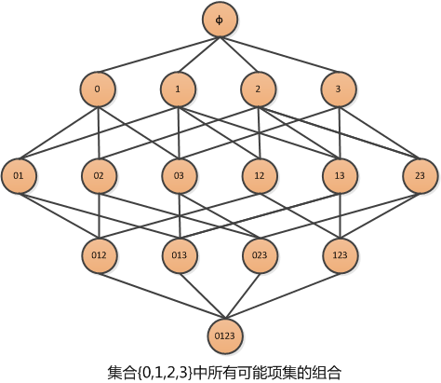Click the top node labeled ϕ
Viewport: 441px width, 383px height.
click(x=220, y=20)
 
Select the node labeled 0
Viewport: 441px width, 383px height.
click(x=98, y=89)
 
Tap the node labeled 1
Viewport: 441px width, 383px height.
click(x=178, y=89)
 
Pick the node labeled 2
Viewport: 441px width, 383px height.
click(x=258, y=89)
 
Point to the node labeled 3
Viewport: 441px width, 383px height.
click(x=339, y=89)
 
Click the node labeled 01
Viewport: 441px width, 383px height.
click(x=19, y=176)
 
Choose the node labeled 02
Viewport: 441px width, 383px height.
click(x=99, y=176)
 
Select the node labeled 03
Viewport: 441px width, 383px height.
click(x=179, y=176)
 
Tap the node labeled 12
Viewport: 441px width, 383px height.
click(x=260, y=176)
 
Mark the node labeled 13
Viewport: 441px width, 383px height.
click(x=340, y=176)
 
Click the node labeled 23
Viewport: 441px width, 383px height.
click(x=420, y=176)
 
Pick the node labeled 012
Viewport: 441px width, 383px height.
click(x=100, y=255)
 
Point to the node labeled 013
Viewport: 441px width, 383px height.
click(x=180, y=255)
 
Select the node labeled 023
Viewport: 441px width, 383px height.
click(x=260, y=255)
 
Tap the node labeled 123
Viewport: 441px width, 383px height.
click(x=341, y=255)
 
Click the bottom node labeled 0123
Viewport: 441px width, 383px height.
click(x=225, y=335)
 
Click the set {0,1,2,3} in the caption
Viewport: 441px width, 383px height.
click(x=164, y=373)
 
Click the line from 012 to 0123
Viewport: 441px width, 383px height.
click(x=162, y=295)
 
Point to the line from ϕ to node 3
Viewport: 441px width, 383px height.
click(x=279, y=55)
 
